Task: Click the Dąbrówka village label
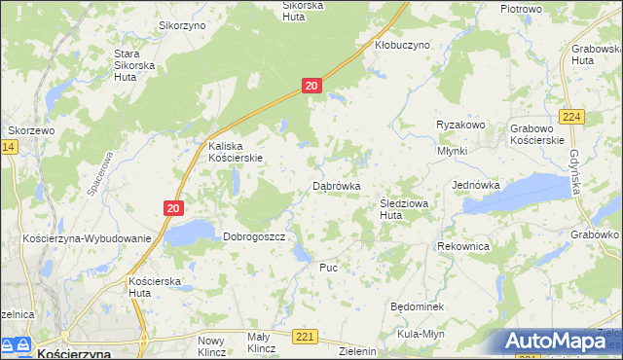pyautogui.click(x=337, y=185)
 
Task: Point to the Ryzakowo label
pyautogui.click(x=460, y=126)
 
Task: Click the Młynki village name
pyautogui.click(x=452, y=151)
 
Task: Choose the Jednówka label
pyautogui.click(x=476, y=184)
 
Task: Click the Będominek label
pyautogui.click(x=417, y=306)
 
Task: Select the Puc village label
pyautogui.click(x=328, y=267)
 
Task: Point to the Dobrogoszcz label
pyautogui.click(x=253, y=236)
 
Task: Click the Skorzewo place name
pyautogui.click(x=32, y=130)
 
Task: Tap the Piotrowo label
pyautogui.click(x=520, y=9)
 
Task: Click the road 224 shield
pyautogui.click(x=572, y=117)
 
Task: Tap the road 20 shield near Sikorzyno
pyautogui.click(x=311, y=86)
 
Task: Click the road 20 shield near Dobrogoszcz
pyautogui.click(x=173, y=207)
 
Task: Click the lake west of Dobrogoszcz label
pyautogui.click(x=189, y=232)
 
